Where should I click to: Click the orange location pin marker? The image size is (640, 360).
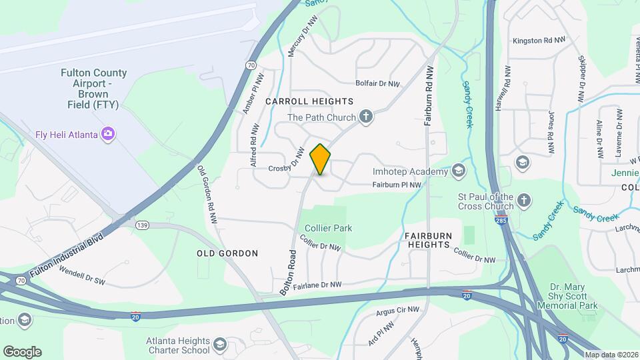[321, 159]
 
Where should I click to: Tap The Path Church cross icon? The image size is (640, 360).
[365, 117]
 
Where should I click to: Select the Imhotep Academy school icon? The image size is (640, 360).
[458, 171]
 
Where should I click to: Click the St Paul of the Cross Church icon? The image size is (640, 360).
[524, 200]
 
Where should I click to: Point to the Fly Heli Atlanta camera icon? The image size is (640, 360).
[107, 134]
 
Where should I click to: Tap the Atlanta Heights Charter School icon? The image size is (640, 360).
[221, 345]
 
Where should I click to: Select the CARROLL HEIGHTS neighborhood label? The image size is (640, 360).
[309, 101]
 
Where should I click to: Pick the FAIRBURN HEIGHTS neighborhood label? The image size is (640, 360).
[427, 240]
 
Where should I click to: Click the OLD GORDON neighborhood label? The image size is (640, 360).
[227, 253]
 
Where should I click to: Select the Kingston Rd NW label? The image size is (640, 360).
[539, 41]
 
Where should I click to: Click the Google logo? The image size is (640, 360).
[22, 351]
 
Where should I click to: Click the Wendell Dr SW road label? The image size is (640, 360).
[83, 276]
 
